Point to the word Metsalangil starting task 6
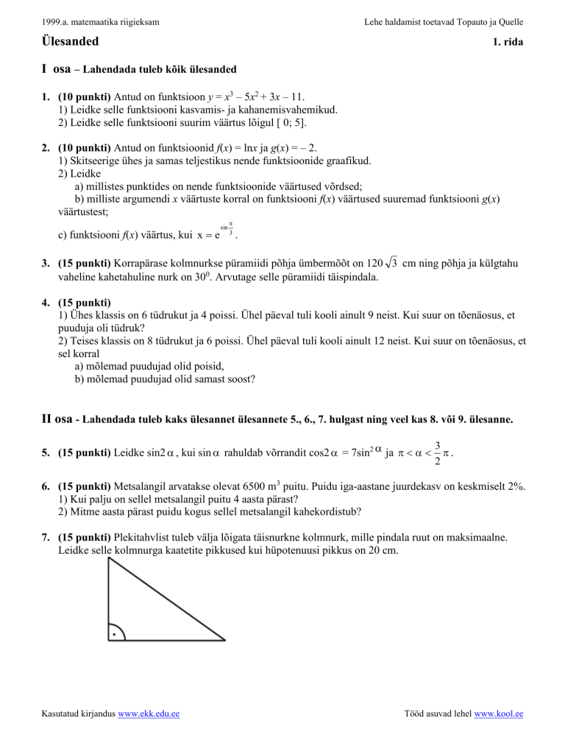click(138, 488)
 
